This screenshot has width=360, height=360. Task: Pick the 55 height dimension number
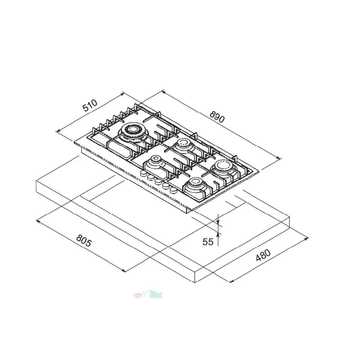pos(208,242)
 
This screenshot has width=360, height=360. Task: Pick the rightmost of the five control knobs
pos(174,189)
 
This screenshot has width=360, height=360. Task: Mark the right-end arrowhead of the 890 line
pos(279,157)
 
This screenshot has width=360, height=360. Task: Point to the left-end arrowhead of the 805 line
pos(37,221)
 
